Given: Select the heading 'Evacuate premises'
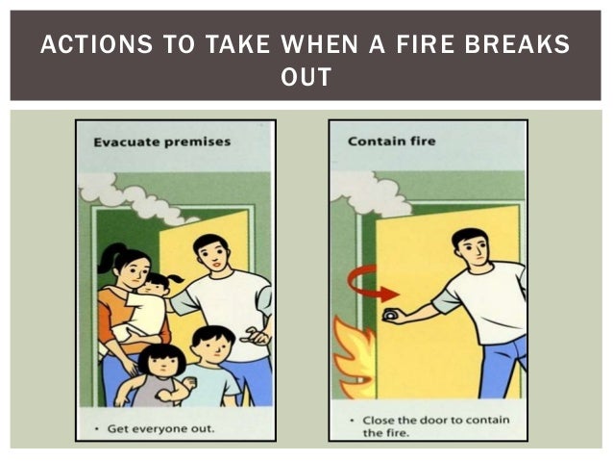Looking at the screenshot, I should point(161,141).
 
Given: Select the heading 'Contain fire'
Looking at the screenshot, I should point(391,141).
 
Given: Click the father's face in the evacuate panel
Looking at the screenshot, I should point(210,255).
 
